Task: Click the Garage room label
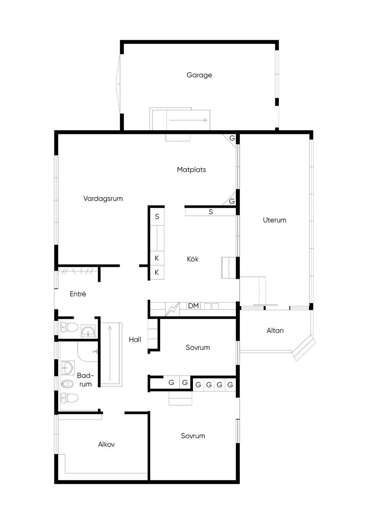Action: [199, 75]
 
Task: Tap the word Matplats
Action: [191, 170]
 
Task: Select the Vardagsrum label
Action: [103, 199]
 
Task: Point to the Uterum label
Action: [275, 220]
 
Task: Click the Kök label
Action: [193, 259]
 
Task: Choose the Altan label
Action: [275, 330]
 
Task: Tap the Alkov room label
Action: [106, 444]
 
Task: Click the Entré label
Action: [78, 294]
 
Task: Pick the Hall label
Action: [135, 339]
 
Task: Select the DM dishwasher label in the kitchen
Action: [193, 306]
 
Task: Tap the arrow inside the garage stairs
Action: [188, 120]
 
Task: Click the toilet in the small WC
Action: [69, 327]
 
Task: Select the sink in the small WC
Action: [88, 331]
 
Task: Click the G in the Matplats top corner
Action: [232, 138]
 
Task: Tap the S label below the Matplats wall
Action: [211, 212]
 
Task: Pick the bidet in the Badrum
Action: [68, 384]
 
